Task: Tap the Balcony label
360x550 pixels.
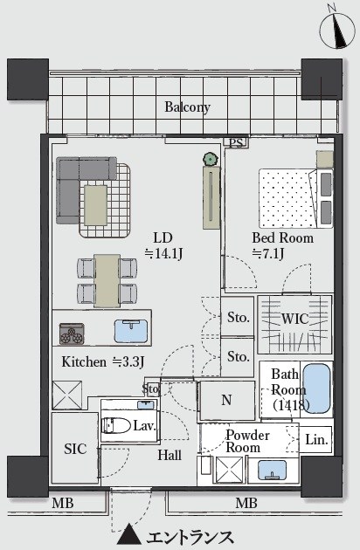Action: pyautogui.click(x=188, y=107)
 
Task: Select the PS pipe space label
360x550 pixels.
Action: pyautogui.click(x=236, y=143)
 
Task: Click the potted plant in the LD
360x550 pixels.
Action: pyautogui.click(x=210, y=159)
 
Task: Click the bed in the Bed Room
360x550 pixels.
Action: pyautogui.click(x=295, y=198)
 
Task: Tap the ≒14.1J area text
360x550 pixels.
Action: pyautogui.click(x=163, y=253)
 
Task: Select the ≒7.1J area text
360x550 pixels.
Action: pyautogui.click(x=268, y=253)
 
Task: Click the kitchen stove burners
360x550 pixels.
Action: pyautogui.click(x=72, y=333)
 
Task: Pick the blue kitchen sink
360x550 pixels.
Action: pyautogui.click(x=131, y=331)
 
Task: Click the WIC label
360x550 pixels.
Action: pyautogui.click(x=295, y=319)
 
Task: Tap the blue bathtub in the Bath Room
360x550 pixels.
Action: pyautogui.click(x=317, y=388)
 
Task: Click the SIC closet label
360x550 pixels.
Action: pyautogui.click(x=75, y=449)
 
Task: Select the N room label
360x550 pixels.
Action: pyautogui.click(x=226, y=400)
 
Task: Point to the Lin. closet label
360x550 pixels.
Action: pyautogui.click(x=316, y=439)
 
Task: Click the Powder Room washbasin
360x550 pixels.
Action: pyautogui.click(x=272, y=470)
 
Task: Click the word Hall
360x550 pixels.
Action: pyautogui.click(x=170, y=456)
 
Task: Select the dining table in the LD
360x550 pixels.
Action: pyautogui.click(x=107, y=280)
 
